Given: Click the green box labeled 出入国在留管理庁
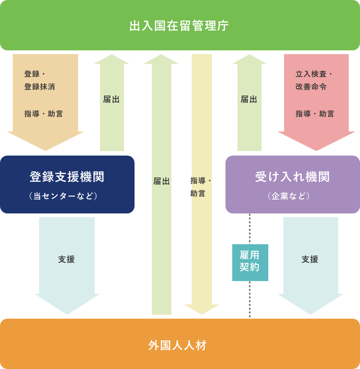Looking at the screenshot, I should pyautogui.click(x=180, y=26).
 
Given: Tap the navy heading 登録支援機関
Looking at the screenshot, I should pyautogui.click(x=67, y=177).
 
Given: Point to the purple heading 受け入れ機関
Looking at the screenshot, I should pyautogui.click(x=292, y=177).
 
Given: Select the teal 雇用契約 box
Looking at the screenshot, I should pyautogui.click(x=250, y=262).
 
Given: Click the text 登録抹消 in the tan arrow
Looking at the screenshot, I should pyautogui.click(x=40, y=87).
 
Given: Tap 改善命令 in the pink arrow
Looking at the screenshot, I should pyautogui.click(x=311, y=87).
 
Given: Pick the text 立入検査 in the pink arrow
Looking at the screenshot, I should pyautogui.click(x=311, y=74).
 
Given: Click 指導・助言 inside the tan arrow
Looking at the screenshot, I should pyautogui.click(x=44, y=114).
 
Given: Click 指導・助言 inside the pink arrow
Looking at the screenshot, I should pyautogui.click(x=315, y=114).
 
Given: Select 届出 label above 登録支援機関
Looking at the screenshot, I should pyautogui.click(x=111, y=100).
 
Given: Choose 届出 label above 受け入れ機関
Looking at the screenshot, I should pyautogui.click(x=249, y=100).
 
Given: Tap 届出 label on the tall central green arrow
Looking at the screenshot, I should pyautogui.click(x=161, y=181).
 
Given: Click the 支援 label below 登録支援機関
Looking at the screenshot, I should pyautogui.click(x=67, y=259).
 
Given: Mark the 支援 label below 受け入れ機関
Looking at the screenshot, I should pyautogui.click(x=310, y=259).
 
